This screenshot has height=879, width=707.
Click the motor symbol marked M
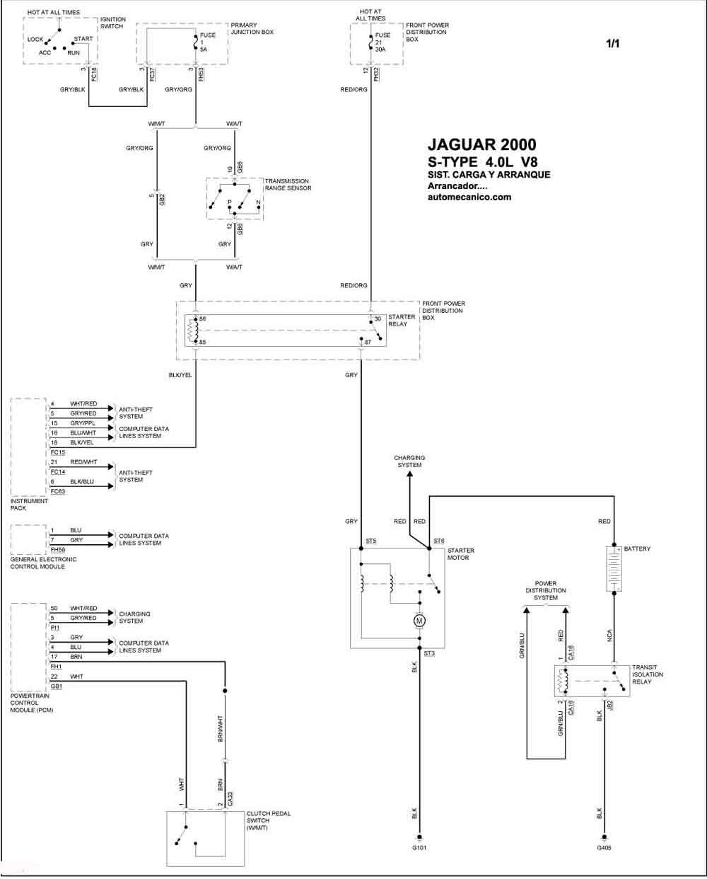pyautogui.click(x=419, y=621)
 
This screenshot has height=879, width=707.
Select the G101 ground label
pyautogui.click(x=419, y=848)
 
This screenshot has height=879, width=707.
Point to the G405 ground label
pyautogui.click(x=604, y=848)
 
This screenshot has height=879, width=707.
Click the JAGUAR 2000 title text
pyautogui.click(x=482, y=144)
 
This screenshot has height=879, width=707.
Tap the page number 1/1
pyautogui.click(x=613, y=44)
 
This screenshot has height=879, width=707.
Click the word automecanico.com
pyautogui.click(x=469, y=197)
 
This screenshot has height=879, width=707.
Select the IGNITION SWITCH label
pyautogui.click(x=112, y=23)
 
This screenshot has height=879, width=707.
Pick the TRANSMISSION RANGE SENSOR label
pyautogui.click(x=288, y=185)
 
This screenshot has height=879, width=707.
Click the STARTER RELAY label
pyautogui.click(x=402, y=320)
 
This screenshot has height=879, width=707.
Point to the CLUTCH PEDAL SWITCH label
pyautogui.click(x=268, y=820)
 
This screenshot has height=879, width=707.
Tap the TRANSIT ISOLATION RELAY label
pyautogui.click(x=648, y=674)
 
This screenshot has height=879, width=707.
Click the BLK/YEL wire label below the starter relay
pyautogui.click(x=180, y=375)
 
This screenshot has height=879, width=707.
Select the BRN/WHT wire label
pyautogui.click(x=221, y=729)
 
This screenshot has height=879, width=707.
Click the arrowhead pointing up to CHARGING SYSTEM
pyautogui.click(x=409, y=474)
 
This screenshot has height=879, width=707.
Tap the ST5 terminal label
pyautogui.click(x=371, y=541)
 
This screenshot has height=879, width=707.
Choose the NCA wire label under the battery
pyautogui.click(x=609, y=636)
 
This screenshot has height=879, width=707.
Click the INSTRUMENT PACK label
pyautogui.click(x=29, y=505)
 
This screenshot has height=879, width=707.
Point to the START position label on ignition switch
pyautogui.click(x=83, y=39)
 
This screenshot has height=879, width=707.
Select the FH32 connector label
pyautogui.click(x=376, y=74)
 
